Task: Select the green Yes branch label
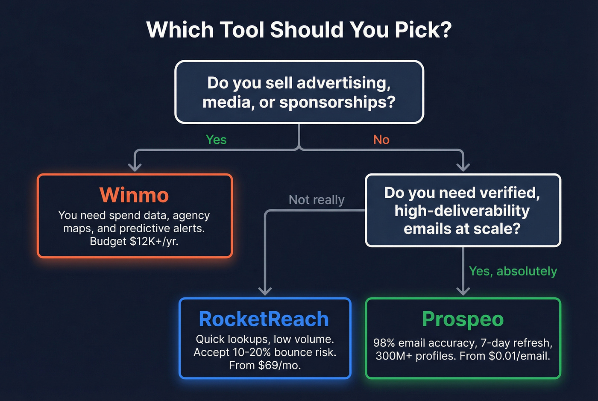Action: coord(216,140)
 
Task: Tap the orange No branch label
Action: coord(381,140)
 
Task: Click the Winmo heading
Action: coord(134,195)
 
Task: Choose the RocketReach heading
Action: coord(264,319)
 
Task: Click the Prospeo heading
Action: coord(463,319)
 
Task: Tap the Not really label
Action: coord(317,200)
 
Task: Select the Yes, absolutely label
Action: coord(513,271)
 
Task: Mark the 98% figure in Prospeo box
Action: coord(384,343)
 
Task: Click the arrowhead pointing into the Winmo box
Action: coord(135,167)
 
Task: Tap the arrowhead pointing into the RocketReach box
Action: coord(265,291)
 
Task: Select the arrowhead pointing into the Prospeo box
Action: coord(463,291)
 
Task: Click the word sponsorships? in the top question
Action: coord(337,102)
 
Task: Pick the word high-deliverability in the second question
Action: coord(462,211)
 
